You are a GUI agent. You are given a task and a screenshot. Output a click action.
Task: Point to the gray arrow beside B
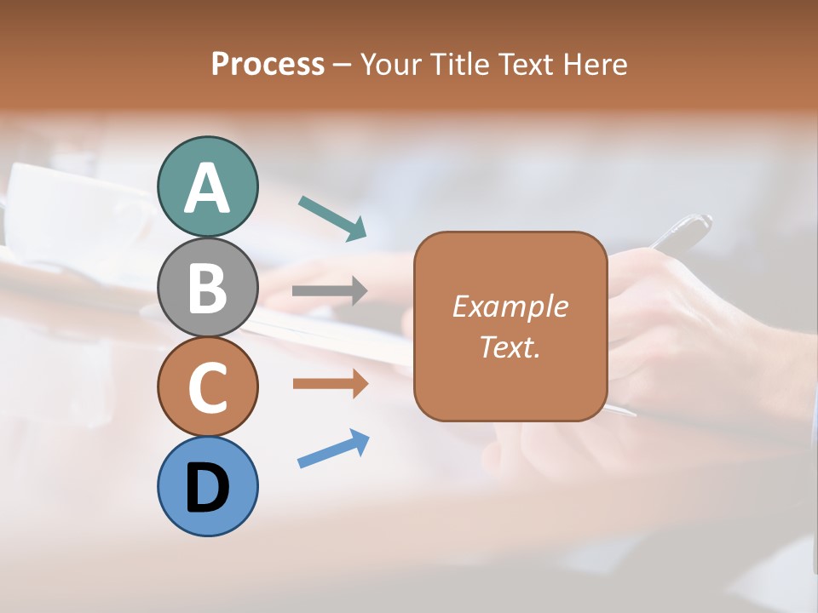[x=330, y=291]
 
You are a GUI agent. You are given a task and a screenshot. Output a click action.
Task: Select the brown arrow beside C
[x=330, y=384]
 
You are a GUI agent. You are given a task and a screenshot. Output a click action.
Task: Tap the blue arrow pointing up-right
[x=333, y=449]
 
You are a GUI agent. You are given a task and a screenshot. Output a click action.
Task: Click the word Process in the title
[x=268, y=64]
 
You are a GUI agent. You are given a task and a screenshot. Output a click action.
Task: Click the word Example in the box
[x=510, y=306]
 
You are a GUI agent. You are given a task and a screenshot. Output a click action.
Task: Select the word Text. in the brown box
[x=510, y=347]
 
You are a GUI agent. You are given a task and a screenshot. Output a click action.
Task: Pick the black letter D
[x=207, y=489]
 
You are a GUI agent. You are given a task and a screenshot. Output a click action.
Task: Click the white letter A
[x=207, y=187]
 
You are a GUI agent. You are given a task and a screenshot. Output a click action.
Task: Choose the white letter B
[x=207, y=288]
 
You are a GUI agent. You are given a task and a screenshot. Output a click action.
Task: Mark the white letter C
[x=207, y=387]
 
